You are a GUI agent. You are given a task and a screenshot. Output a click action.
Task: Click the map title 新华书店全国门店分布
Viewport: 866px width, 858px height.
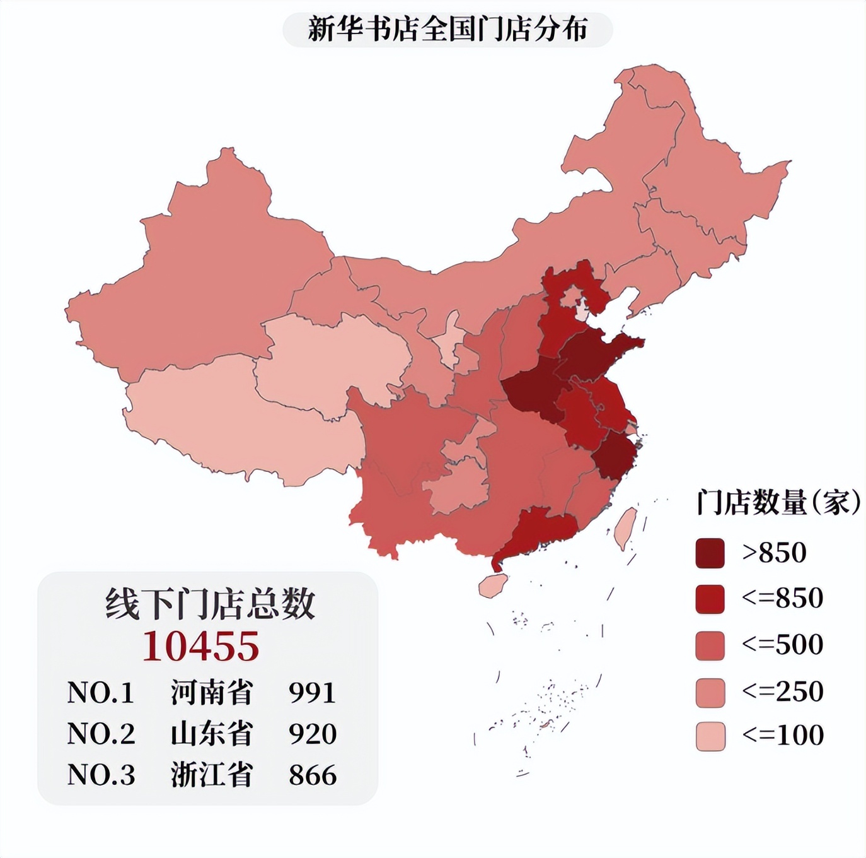point(447,30)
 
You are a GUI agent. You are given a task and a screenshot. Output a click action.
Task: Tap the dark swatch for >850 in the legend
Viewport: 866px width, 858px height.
point(710,553)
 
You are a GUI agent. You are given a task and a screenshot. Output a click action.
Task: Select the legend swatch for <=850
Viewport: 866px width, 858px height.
point(710,599)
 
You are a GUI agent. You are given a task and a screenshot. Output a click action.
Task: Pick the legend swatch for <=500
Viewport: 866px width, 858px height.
point(710,645)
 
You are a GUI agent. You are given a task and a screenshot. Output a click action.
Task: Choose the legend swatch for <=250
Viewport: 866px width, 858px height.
point(710,692)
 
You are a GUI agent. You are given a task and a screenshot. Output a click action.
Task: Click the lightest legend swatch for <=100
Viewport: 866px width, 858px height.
point(710,736)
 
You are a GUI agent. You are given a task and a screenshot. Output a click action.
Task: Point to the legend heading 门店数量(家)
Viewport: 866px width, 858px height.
point(778,503)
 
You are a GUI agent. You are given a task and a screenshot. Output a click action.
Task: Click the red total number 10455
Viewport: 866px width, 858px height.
point(201,646)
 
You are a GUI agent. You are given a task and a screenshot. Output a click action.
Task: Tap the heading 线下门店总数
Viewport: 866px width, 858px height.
point(209,603)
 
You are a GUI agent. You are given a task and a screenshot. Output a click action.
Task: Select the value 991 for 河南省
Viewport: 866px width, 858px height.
point(313,693)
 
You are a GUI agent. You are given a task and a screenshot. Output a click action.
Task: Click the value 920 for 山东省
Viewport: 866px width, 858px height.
point(313,734)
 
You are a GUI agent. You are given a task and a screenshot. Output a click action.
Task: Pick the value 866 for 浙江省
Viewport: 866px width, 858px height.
point(313,775)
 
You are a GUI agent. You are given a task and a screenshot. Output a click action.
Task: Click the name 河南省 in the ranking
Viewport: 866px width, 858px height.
point(212,693)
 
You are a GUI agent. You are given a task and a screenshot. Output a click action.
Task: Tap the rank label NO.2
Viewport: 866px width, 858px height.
point(101,734)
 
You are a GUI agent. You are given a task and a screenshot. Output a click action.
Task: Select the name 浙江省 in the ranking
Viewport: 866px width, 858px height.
point(212,775)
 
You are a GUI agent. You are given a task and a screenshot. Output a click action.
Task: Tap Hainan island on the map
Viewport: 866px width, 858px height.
point(494,585)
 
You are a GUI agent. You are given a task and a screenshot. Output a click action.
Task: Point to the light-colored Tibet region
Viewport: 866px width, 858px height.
point(240,429)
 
